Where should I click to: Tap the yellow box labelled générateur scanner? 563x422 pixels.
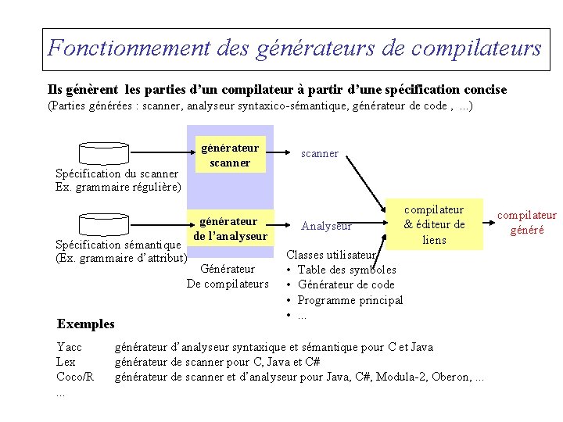click(229, 155)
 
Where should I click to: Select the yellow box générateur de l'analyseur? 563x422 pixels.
click(229, 228)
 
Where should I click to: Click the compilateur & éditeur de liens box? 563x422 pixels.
click(434, 224)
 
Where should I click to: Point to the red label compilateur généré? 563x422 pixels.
click(527, 223)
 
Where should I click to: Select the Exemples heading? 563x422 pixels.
click(86, 324)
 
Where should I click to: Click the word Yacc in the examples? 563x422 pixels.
click(69, 347)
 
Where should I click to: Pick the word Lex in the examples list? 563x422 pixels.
click(66, 362)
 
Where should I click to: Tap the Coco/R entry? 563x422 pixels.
click(74, 377)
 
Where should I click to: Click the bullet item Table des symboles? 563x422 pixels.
click(346, 270)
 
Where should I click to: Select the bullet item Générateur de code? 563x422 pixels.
click(346, 284)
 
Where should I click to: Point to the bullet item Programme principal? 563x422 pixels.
click(350, 300)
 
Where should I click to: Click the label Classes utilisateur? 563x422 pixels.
click(332, 255)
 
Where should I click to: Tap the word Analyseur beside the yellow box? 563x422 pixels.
click(326, 227)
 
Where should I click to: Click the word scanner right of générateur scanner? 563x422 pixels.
click(320, 153)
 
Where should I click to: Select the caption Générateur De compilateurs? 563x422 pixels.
click(228, 277)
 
